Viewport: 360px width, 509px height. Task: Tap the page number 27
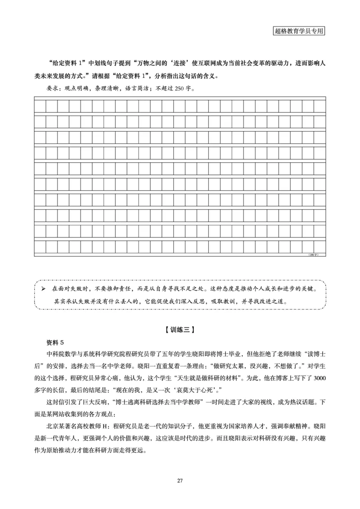[180, 480]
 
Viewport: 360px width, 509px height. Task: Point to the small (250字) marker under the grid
[313, 255]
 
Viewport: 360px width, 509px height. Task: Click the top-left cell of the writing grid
[40, 105]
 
